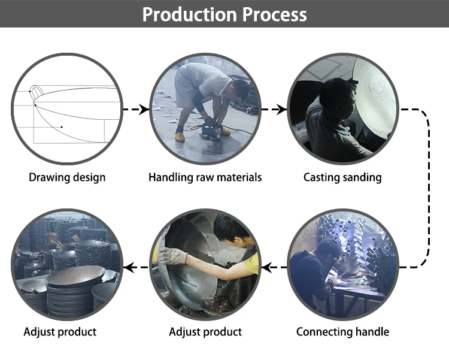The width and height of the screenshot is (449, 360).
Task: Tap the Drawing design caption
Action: [67, 177]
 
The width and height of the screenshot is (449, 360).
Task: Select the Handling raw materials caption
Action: [205, 177]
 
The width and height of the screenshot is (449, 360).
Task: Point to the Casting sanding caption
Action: [342, 177]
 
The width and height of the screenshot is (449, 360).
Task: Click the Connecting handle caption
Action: [342, 331]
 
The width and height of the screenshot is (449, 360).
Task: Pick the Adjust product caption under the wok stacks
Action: [60, 331]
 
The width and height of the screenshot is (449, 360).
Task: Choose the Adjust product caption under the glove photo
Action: [205, 331]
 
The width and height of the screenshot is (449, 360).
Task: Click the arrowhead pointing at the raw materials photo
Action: [144, 110]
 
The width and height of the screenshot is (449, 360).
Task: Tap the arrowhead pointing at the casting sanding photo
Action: [283, 110]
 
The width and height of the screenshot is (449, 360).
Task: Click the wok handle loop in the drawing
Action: [35, 92]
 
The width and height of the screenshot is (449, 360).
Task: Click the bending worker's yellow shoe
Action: [180, 137]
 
